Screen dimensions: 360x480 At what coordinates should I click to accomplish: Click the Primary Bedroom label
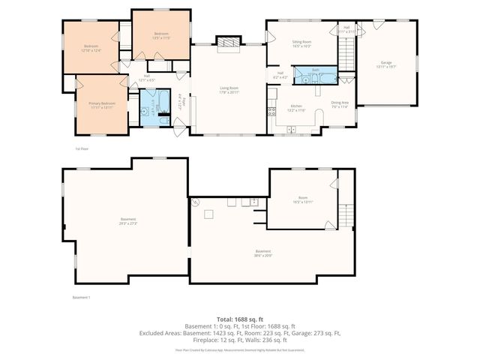[x=101, y=105]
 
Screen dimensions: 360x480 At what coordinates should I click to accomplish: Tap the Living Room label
[x=229, y=91]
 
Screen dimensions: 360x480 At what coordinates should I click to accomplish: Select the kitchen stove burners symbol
[x=271, y=112]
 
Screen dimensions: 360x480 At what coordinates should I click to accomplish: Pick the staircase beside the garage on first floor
[x=346, y=52]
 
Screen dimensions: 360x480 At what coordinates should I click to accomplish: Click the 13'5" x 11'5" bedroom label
[x=161, y=35]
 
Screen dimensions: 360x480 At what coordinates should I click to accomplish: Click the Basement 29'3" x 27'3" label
[x=127, y=220]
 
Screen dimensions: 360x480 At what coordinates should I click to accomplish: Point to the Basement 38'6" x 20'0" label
[x=262, y=253]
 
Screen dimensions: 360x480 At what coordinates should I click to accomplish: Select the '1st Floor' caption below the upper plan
[x=82, y=148]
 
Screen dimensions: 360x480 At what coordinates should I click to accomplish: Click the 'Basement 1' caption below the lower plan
[x=81, y=298]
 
